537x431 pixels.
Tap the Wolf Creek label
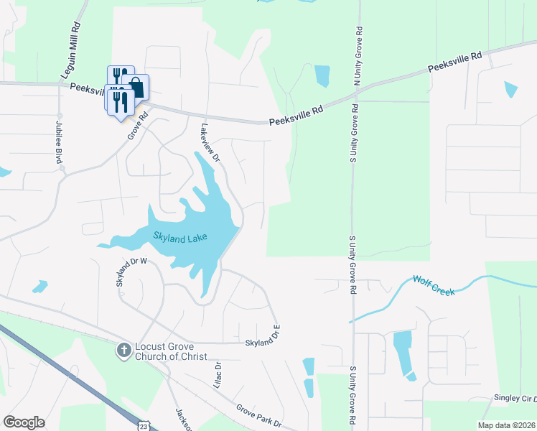434,286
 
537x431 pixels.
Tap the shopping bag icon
136,87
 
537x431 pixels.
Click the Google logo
24,422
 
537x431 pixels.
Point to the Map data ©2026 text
506,425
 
